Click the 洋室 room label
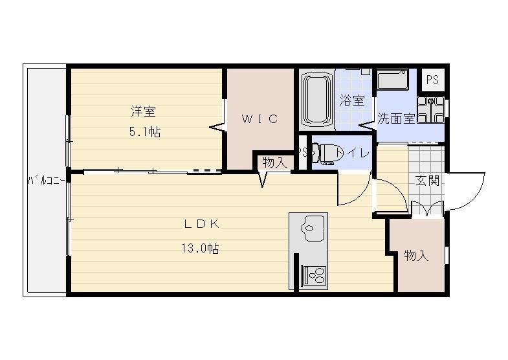coord(144,111)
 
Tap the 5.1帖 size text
coord(144,132)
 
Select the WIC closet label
coord(260,119)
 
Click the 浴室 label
coord(352,100)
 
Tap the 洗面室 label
coord(396,119)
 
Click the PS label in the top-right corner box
coord(432,80)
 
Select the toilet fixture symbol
coord(326,153)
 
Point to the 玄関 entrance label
coord(427,181)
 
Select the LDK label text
coord(203,225)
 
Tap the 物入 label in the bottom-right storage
coord(417,256)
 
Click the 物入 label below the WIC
coord(274,163)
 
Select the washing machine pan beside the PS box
coord(430,110)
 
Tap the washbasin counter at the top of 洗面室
coord(392,82)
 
